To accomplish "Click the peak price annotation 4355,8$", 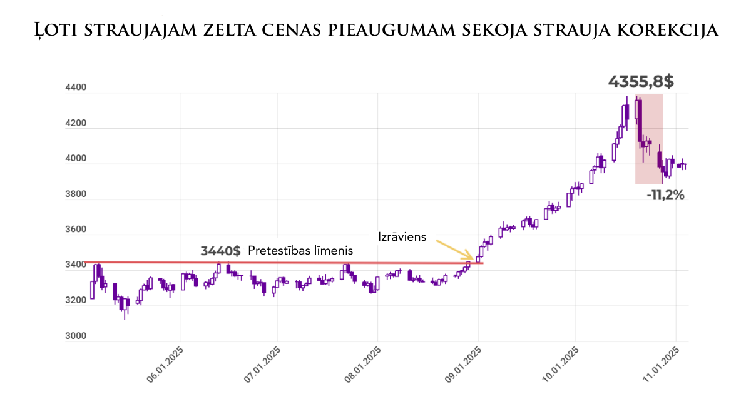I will pos(641,81).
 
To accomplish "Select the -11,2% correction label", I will pos(665,195).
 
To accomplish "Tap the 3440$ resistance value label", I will pos(220,251).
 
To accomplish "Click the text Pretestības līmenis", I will pos(300,251).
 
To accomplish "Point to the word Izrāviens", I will pos(402,237).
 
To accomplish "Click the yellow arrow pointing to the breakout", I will pos(454,250).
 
